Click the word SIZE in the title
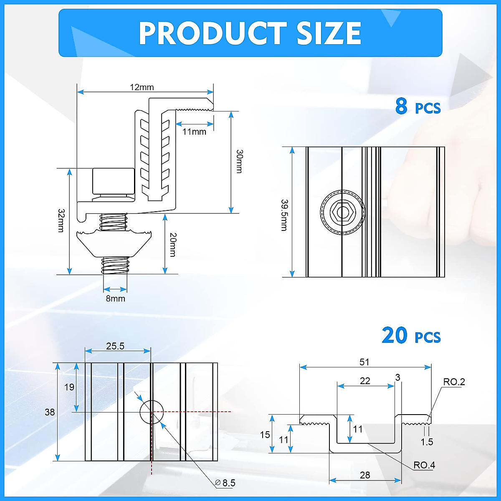pyautogui.click(x=329, y=33)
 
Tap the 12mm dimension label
pyautogui.click(x=142, y=87)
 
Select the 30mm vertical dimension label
pyautogui.click(x=239, y=161)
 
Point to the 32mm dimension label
pyautogui.click(x=61, y=220)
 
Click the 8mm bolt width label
pyautogui.click(x=115, y=299)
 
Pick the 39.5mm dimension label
pyautogui.click(x=284, y=215)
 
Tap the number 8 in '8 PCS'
pyautogui.click(x=401, y=106)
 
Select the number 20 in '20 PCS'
pyautogui.click(x=395, y=335)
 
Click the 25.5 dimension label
pyautogui.click(x=115, y=346)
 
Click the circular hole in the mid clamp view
pyautogui.click(x=151, y=412)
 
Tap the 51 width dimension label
pyautogui.click(x=364, y=362)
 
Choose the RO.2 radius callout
pyautogui.click(x=454, y=382)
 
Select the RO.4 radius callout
pyautogui.click(x=424, y=465)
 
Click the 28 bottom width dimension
pyautogui.click(x=365, y=475)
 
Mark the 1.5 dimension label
pyautogui.click(x=427, y=442)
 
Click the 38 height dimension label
pyautogui.click(x=50, y=412)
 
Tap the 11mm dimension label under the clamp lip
pyautogui.click(x=194, y=132)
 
